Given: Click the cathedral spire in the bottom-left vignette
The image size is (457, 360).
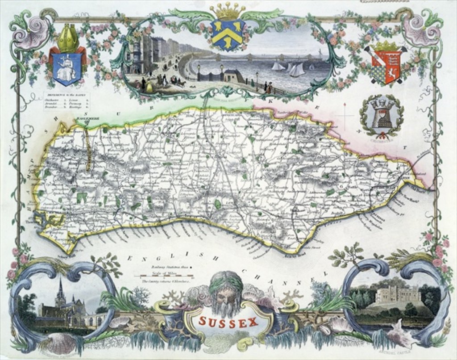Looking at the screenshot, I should pyautogui.click(x=60, y=290).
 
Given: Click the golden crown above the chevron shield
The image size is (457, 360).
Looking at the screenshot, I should pyautogui.click(x=228, y=10).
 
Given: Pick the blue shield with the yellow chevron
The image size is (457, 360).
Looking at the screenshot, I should pyautogui.click(x=228, y=34).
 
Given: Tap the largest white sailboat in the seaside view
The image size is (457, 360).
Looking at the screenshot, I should pyautogui.click(x=296, y=70).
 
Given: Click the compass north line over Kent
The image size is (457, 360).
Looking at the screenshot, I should pyautogui.click(x=345, y=116).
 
